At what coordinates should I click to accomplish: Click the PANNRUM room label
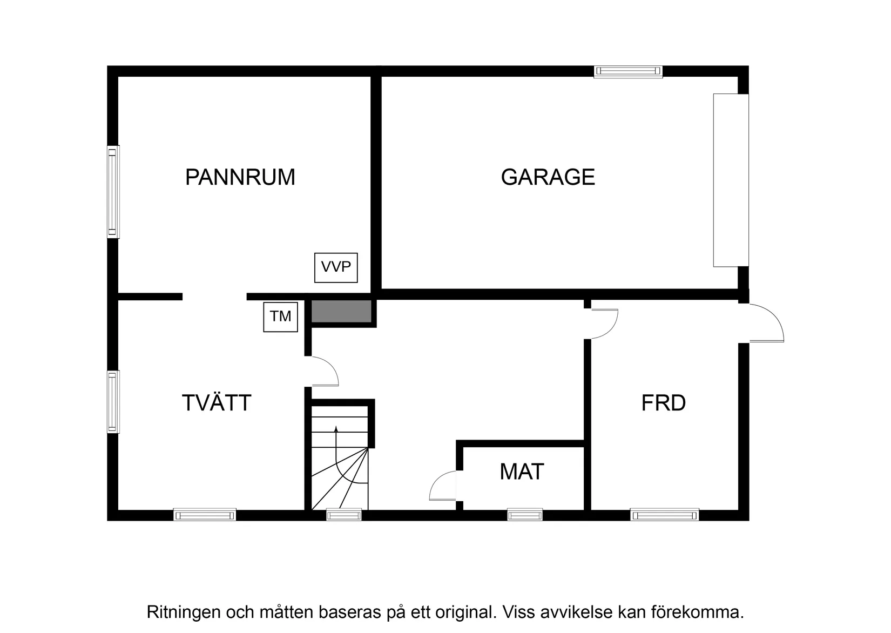[x=240, y=177]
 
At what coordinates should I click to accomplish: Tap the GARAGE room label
[x=548, y=177]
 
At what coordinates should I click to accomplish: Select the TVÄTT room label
[x=217, y=403]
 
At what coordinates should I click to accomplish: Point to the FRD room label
[x=663, y=403]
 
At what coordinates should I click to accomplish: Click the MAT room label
[x=522, y=472]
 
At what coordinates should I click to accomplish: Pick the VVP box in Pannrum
[x=336, y=267]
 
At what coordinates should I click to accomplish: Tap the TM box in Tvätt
[x=280, y=316]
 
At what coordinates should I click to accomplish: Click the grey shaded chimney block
[x=341, y=311]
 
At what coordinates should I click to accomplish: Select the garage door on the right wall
[x=731, y=180]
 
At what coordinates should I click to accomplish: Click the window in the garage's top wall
[x=628, y=71]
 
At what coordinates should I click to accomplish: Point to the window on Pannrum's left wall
[x=112, y=192]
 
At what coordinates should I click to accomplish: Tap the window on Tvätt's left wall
[x=112, y=401]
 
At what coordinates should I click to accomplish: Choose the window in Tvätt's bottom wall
[x=205, y=515]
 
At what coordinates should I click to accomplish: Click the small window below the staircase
[x=344, y=515]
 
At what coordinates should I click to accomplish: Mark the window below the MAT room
[x=524, y=515]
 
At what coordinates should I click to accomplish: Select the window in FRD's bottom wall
[x=664, y=515]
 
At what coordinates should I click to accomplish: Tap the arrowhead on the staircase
[x=336, y=429]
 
